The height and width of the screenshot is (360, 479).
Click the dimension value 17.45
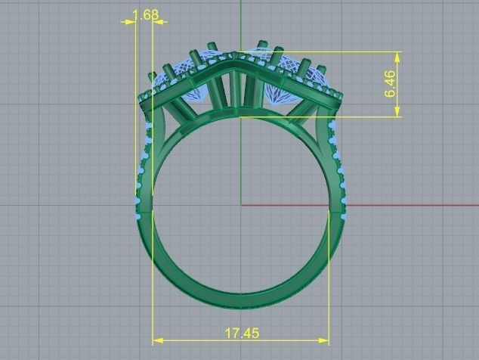[x=242, y=333]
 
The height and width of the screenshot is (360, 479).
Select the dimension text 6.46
[x=390, y=84]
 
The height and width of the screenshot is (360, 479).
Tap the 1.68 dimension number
[x=145, y=14]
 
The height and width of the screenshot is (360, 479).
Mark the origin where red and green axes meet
[x=241, y=204]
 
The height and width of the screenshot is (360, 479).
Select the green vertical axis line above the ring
[x=241, y=23]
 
